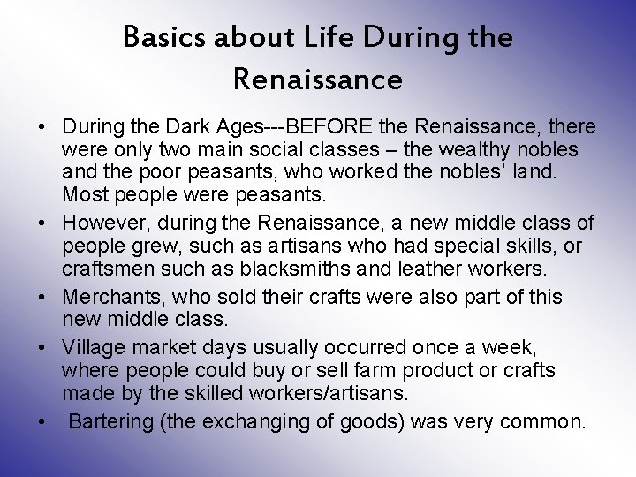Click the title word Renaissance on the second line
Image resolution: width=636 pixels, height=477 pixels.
coord(318,80)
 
